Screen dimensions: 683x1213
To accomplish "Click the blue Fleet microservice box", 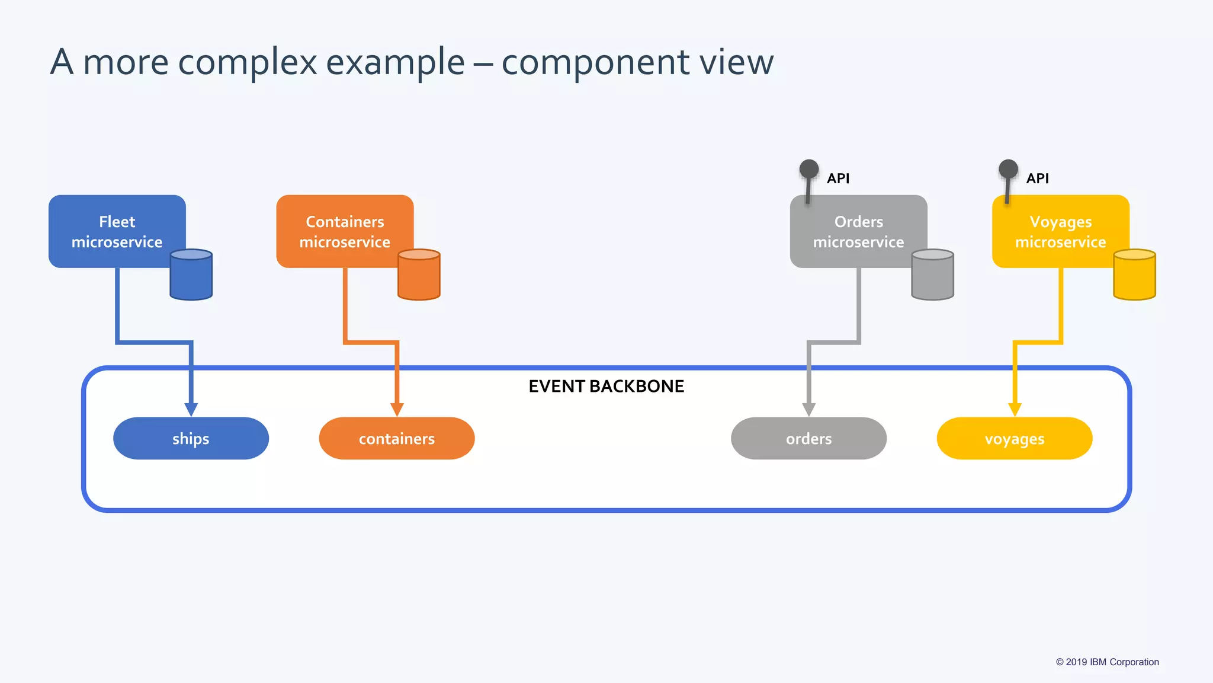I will click(117, 231).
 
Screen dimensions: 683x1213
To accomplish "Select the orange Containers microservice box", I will click(345, 231).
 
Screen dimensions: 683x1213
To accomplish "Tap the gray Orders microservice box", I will click(858, 231).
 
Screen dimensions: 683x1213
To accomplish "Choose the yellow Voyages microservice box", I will click(1060, 231).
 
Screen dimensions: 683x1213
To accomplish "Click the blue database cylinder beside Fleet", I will click(191, 275).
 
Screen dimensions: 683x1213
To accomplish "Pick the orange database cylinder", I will click(419, 275).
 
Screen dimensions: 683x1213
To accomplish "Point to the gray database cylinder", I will click(932, 275).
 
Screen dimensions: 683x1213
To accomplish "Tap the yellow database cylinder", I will click(1134, 275).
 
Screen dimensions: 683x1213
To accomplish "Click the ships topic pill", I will click(191, 438).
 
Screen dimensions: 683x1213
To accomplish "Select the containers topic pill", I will click(396, 438).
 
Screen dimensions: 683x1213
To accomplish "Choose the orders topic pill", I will click(808, 438).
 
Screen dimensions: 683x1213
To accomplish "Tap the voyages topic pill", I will click(1014, 438).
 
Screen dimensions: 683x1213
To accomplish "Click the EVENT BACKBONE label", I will click(606, 387).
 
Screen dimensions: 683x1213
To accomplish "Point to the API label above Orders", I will click(838, 178).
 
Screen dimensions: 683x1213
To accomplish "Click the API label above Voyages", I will click(1037, 178).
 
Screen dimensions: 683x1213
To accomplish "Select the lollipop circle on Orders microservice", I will click(809, 169).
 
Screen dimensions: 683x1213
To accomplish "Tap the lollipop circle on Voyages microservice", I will click(1008, 169).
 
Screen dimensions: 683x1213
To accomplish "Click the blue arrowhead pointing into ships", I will click(191, 410).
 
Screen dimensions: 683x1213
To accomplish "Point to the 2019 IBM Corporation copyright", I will click(1107, 662).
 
